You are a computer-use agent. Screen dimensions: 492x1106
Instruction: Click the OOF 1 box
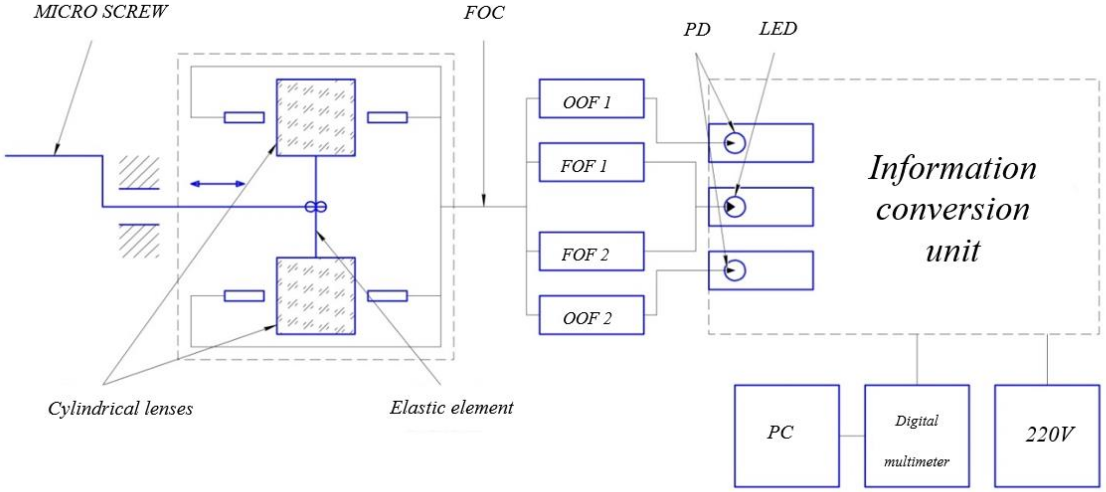pyautogui.click(x=591, y=98)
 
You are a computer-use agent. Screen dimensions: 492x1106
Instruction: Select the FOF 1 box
pyautogui.click(x=591, y=162)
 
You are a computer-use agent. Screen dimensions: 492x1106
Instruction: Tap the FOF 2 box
pyautogui.click(x=591, y=251)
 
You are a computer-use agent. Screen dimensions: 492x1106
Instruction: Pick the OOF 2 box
pyautogui.click(x=591, y=315)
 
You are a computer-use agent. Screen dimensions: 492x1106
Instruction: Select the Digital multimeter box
pyautogui.click(x=917, y=435)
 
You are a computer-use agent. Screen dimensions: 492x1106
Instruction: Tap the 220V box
pyautogui.click(x=1047, y=435)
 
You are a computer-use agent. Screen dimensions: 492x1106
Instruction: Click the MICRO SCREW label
pyautogui.click(x=100, y=12)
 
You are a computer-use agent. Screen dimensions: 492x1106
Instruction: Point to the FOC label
pyautogui.click(x=484, y=13)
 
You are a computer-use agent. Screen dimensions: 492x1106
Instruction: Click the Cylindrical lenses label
pyautogui.click(x=120, y=408)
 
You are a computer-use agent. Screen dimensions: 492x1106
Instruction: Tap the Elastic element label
pyautogui.click(x=451, y=407)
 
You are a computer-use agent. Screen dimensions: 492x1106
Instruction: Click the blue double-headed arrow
pyautogui.click(x=217, y=184)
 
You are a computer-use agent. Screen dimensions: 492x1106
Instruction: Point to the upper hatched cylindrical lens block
pyautogui.click(x=316, y=117)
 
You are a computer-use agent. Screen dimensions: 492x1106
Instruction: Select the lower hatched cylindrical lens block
pyautogui.click(x=316, y=296)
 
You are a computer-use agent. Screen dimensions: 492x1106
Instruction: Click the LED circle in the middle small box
pyautogui.click(x=734, y=207)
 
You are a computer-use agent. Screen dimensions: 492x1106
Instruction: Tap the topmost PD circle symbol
pyautogui.click(x=734, y=143)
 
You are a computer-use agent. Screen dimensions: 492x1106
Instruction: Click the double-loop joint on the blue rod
pyautogui.click(x=316, y=207)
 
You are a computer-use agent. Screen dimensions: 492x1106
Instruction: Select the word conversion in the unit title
pyautogui.click(x=953, y=210)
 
